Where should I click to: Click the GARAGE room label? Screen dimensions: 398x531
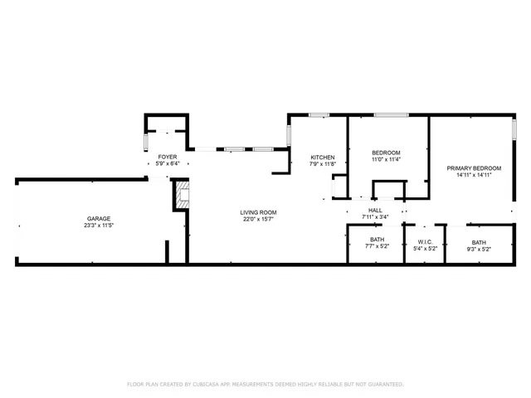click(x=98, y=219)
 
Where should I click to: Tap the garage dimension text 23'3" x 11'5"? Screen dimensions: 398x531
click(x=98, y=226)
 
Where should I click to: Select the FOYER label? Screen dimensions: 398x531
click(x=167, y=157)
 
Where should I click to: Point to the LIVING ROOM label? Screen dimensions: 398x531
click(x=259, y=212)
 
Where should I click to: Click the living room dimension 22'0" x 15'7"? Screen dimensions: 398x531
click(x=259, y=220)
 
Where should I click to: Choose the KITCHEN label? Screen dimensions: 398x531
click(x=323, y=158)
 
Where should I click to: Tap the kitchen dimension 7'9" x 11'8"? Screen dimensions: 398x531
click(x=323, y=164)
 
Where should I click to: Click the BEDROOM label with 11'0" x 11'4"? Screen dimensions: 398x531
click(x=386, y=153)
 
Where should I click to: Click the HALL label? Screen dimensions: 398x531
click(x=374, y=211)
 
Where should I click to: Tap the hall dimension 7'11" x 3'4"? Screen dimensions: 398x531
click(x=374, y=217)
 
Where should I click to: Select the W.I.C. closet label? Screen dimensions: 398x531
click(x=424, y=241)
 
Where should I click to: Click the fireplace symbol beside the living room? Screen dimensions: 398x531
click(x=182, y=196)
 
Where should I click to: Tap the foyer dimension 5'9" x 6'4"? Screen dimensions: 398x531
click(x=167, y=163)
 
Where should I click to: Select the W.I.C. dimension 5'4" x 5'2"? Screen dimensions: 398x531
click(x=424, y=248)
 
